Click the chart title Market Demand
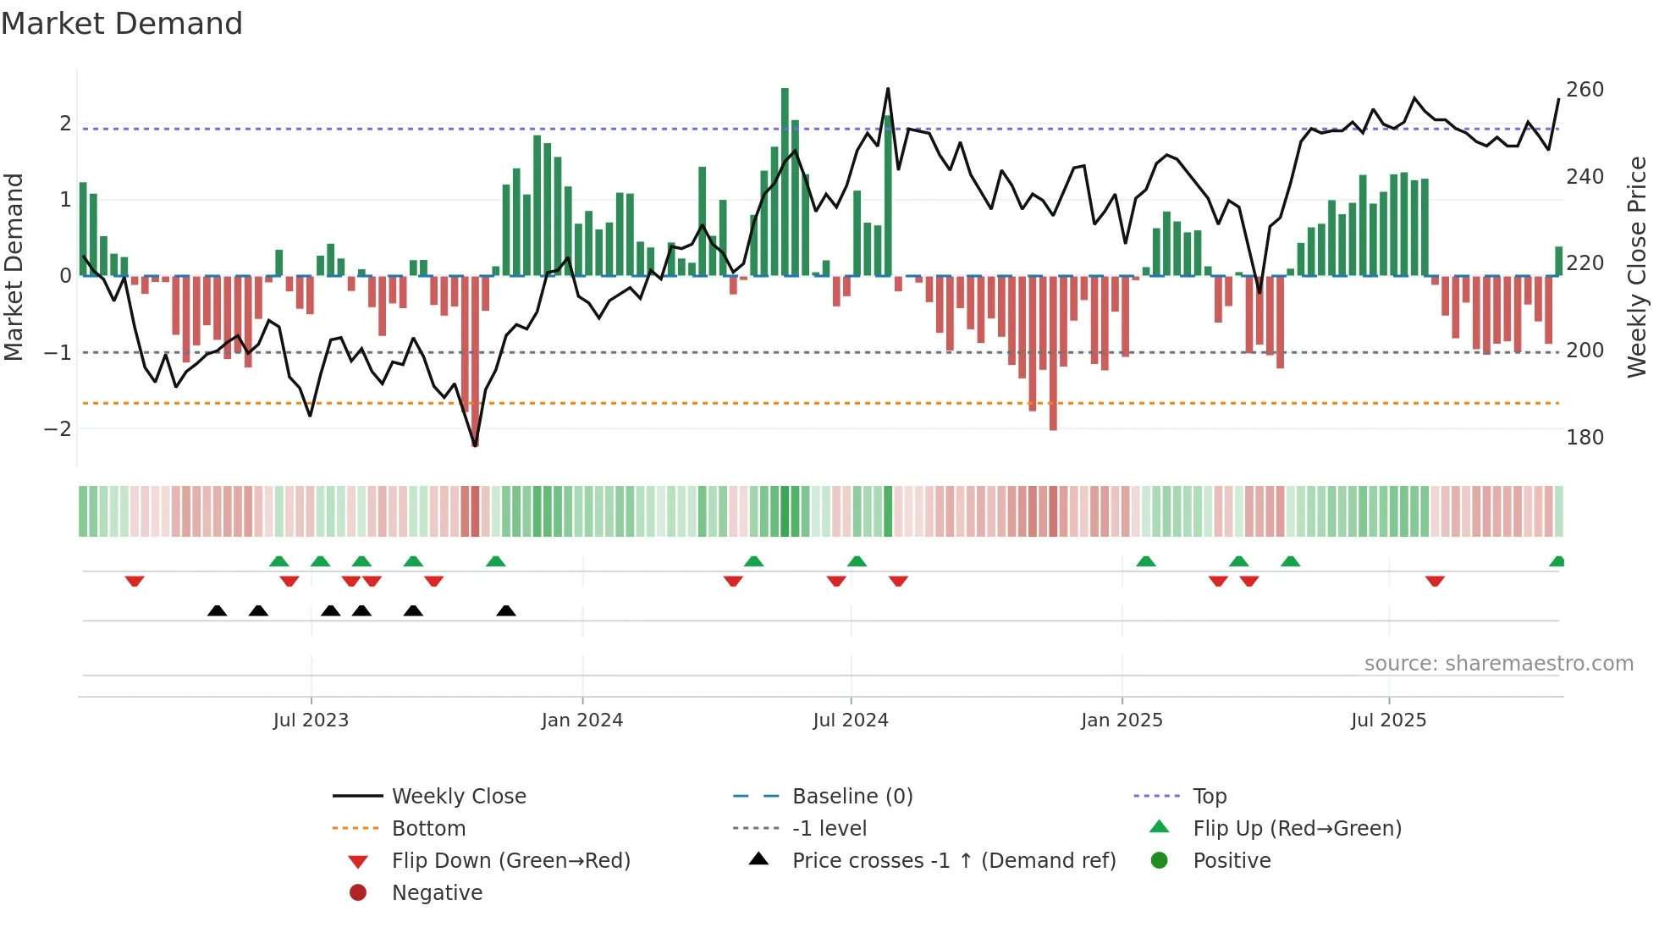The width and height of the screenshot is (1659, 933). [122, 24]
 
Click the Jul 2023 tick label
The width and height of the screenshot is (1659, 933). [311, 720]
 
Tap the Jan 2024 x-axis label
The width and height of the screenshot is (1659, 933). [582, 720]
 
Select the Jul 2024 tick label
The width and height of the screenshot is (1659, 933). [851, 720]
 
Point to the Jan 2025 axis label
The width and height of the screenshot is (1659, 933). [1122, 720]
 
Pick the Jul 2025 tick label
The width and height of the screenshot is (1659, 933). [1388, 720]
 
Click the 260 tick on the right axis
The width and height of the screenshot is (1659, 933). [1585, 90]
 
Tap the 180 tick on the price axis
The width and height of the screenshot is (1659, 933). [1585, 438]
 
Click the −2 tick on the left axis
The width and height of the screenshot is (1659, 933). [58, 428]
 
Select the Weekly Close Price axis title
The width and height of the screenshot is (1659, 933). [1637, 267]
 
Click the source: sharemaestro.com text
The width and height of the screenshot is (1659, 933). [1498, 664]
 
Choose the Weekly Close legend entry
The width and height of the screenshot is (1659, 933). [459, 797]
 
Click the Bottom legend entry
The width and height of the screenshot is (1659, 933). [428, 829]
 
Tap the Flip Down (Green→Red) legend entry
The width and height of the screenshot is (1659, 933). [510, 861]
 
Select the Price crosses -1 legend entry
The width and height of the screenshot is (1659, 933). [953, 861]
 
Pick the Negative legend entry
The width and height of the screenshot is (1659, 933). [437, 893]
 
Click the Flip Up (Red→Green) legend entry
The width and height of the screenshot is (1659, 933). [1297, 829]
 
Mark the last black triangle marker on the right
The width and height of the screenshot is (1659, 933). [506, 611]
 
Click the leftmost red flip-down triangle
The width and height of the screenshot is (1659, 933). [135, 581]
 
